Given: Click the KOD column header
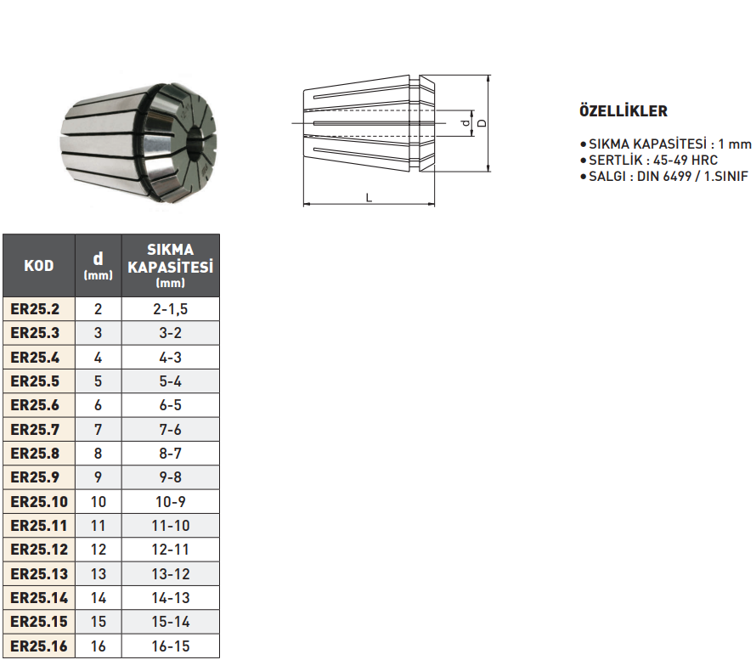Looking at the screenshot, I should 38,266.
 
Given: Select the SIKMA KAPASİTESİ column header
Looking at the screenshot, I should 171,265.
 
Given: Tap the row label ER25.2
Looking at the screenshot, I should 38,309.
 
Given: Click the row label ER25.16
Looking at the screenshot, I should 38,646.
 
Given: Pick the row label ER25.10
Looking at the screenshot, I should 38,502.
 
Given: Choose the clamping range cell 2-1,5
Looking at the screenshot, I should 171,309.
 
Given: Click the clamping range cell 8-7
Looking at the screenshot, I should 171,454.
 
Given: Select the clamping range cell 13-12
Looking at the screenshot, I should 171,574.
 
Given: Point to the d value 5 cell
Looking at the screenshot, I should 99,381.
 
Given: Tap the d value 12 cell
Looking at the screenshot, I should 99,550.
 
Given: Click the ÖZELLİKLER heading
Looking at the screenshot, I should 623,111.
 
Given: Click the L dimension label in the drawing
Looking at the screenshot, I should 369,196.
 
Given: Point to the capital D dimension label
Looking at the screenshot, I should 482,123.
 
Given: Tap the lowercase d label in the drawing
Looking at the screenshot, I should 465,124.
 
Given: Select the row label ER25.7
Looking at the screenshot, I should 38,430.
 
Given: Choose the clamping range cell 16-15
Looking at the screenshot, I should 171,646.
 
